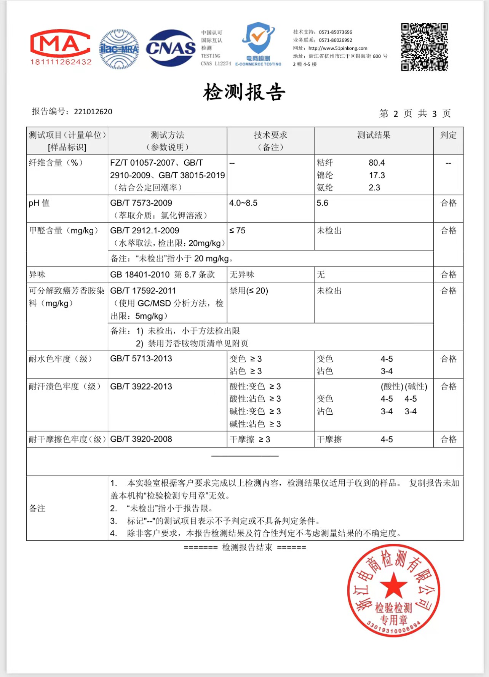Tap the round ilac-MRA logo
[x=119, y=49]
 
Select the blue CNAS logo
[x=171, y=48]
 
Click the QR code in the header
[x=424, y=47]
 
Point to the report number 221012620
[x=93, y=112]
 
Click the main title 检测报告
[x=244, y=92]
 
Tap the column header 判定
[x=448, y=135]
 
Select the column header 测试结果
[x=374, y=135]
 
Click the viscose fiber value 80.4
[x=376, y=163]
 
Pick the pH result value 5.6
[x=322, y=203]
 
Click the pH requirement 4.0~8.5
[x=243, y=203]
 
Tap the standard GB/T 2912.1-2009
[x=145, y=230]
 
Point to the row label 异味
[x=37, y=275]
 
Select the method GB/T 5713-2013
[x=141, y=359]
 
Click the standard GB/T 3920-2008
[x=141, y=439]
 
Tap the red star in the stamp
[x=393, y=585]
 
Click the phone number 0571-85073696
[x=336, y=32]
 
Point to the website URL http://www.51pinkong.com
[x=338, y=48]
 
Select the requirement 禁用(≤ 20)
[x=249, y=291]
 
